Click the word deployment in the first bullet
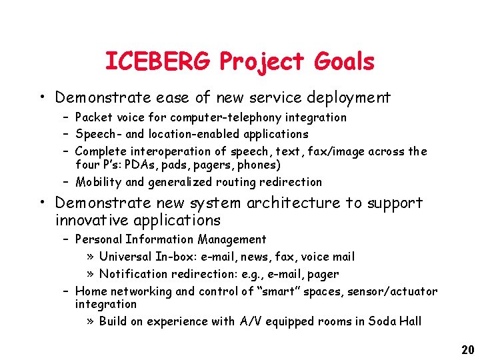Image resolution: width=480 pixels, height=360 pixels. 348,98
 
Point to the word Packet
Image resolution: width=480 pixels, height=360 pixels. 94,117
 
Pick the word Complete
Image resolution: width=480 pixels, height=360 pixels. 101,151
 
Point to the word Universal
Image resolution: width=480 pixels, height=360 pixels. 126,257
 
